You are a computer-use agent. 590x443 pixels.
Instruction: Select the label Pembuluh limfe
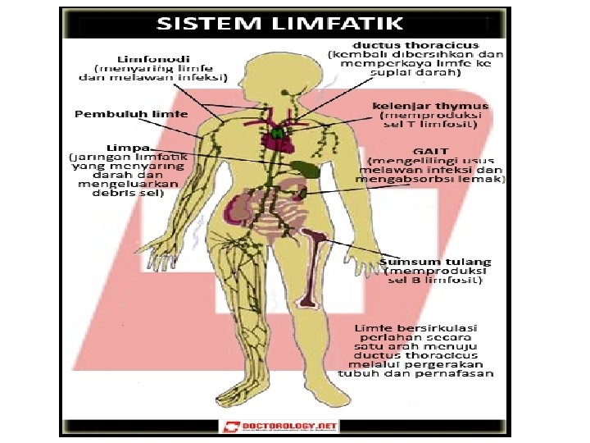[130, 114]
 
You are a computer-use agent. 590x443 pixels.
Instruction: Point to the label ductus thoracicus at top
[415, 43]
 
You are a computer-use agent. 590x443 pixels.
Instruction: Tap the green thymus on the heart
[279, 130]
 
